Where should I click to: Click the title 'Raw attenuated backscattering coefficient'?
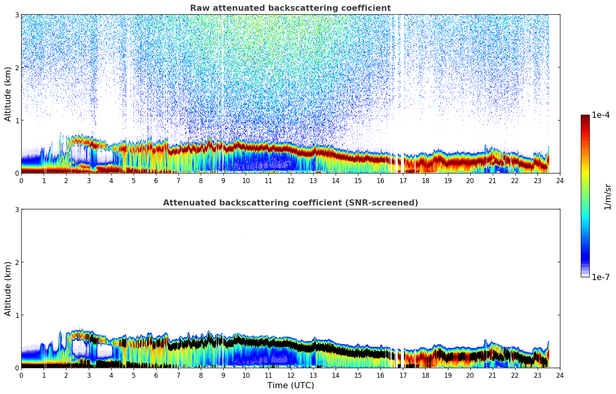290,8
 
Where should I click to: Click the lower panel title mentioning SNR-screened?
290,203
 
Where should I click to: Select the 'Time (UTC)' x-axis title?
290,386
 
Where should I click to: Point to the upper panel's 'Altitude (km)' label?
8,94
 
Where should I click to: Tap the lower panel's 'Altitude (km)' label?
8,289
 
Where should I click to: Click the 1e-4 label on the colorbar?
601,115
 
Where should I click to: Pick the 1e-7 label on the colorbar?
601,277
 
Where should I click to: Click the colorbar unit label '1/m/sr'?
608,197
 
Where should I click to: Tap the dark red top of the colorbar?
585,117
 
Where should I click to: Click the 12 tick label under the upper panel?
290,181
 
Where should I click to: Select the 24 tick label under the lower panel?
560,375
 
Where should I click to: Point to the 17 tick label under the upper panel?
403,181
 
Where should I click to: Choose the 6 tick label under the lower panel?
156,375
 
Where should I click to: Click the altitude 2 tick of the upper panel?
17,68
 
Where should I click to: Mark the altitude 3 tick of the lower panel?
17,209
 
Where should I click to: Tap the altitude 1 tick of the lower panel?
17,315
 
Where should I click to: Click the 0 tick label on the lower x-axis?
21,375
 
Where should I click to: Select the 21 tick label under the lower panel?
492,375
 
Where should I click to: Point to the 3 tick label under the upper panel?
88,181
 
